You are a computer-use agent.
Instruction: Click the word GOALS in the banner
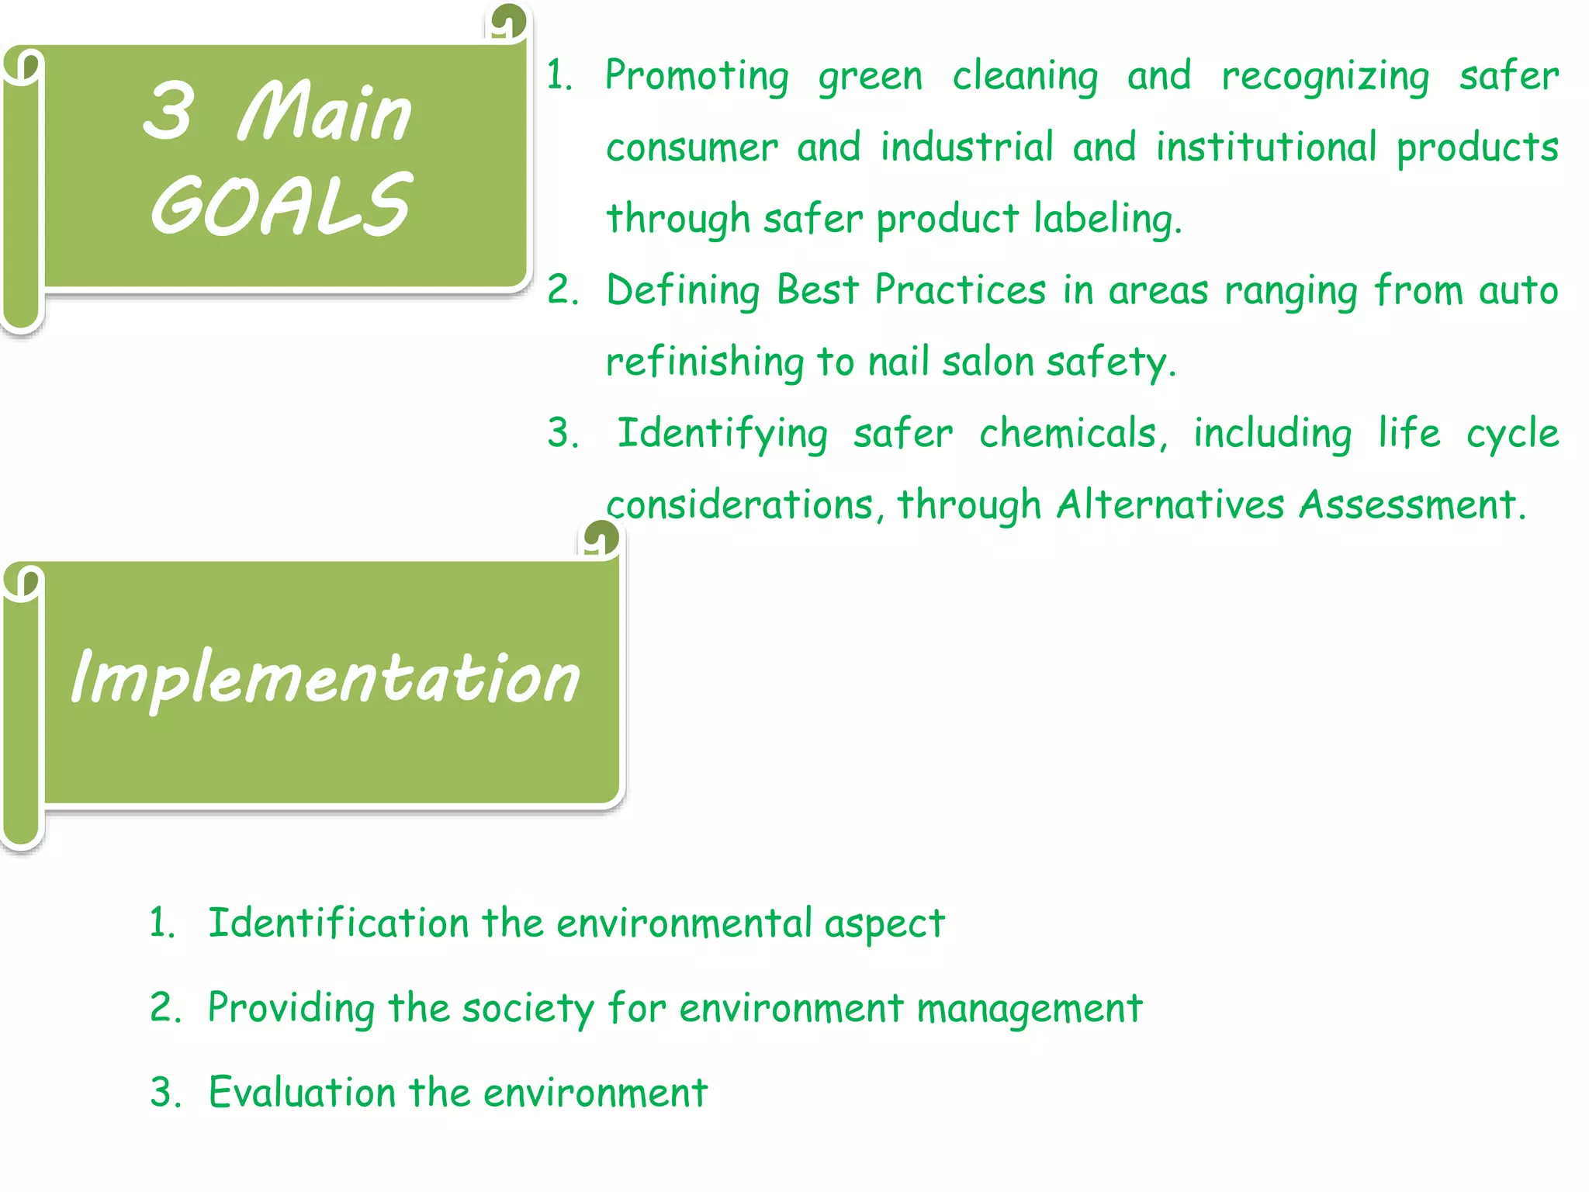pos(281,204)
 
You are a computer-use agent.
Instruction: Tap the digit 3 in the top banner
pos(168,111)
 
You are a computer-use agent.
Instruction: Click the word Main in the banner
pos(324,113)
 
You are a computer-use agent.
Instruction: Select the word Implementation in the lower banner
pos(325,677)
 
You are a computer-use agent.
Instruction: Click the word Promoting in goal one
pos(697,76)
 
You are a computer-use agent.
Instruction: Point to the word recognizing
pos(1325,78)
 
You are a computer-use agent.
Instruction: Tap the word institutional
pos(1266,147)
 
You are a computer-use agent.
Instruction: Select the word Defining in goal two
pos(683,291)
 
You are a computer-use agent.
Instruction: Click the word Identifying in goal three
pos(722,434)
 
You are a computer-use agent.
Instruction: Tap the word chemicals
pos(1073,433)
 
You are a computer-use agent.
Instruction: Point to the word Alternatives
pos(1170,504)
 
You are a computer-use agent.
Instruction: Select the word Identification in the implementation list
pos(338,923)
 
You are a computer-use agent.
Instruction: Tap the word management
pos(1030,1009)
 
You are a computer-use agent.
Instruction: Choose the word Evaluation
pos(302,1093)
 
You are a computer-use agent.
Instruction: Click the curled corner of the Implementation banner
pos(601,538)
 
